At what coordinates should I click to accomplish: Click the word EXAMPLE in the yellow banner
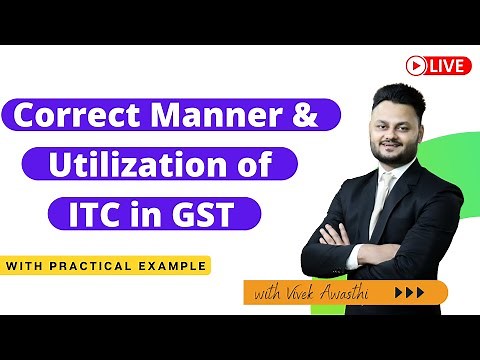coord(173,266)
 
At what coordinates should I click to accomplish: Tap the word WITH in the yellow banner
coord(34,266)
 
